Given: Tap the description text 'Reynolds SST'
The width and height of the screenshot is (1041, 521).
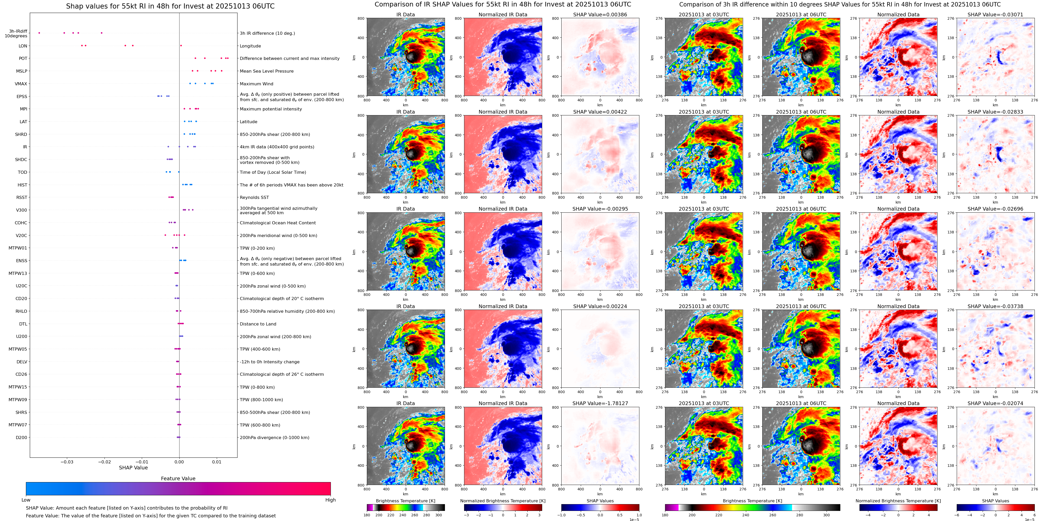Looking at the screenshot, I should (254, 198).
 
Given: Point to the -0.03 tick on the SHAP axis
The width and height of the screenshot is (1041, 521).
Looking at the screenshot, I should (67, 462).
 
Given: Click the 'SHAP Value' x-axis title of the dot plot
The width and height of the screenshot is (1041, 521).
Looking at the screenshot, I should (133, 468).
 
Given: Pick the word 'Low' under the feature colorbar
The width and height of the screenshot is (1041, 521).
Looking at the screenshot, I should (26, 500).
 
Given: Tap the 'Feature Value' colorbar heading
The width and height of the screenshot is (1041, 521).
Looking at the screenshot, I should (178, 478).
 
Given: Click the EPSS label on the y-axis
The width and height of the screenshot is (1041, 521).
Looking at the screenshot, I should (22, 96).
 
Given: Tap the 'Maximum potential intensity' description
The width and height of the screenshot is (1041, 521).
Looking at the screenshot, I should (270, 109).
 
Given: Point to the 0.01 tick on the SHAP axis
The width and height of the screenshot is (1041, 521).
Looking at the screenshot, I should (216, 462).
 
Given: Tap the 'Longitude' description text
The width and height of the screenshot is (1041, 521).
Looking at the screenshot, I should (250, 46).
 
